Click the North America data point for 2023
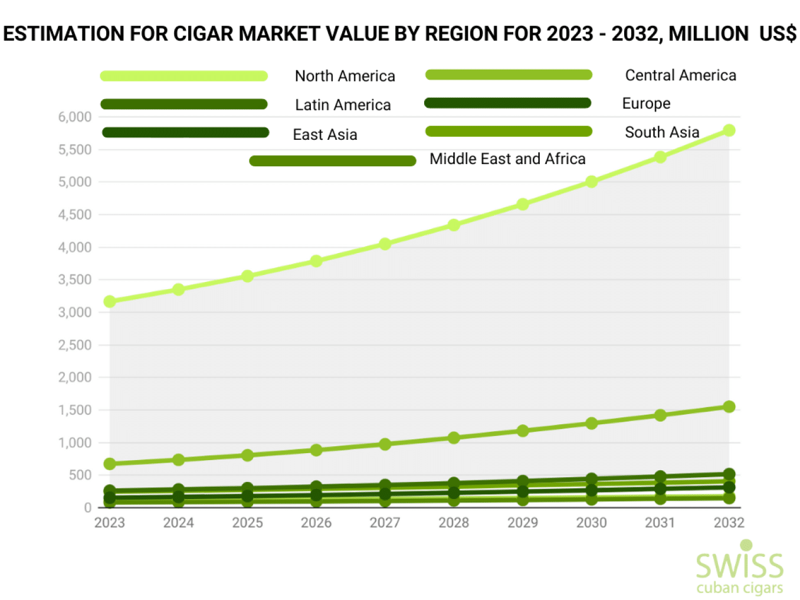click(x=110, y=301)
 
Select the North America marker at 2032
click(x=729, y=130)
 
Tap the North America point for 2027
click(x=385, y=244)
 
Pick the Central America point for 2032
click(x=729, y=406)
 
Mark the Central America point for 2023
click(x=110, y=464)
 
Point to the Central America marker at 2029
click(x=522, y=431)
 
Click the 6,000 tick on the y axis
click(x=75, y=117)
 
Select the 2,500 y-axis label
click(x=75, y=345)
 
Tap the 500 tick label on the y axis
click(x=80, y=475)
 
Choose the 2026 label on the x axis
click(x=316, y=523)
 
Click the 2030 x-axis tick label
click(x=591, y=523)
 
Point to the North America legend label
click(x=345, y=76)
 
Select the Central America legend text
click(x=680, y=76)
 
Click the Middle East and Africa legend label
click(x=507, y=159)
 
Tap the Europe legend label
click(x=646, y=104)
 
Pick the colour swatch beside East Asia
click(x=185, y=133)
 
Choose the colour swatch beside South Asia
click(x=508, y=132)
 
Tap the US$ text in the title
click(x=778, y=34)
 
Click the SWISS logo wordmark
click(x=739, y=566)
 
